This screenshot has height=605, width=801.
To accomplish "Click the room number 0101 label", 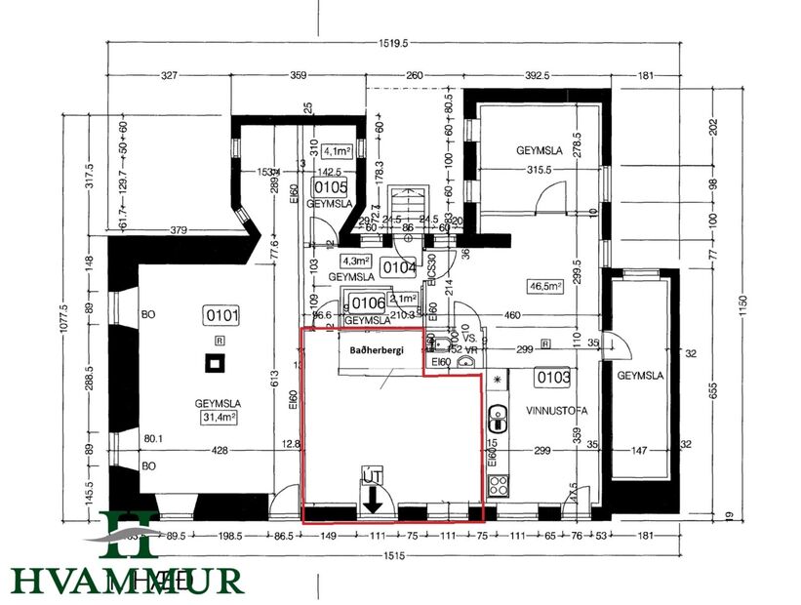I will [x=221, y=315].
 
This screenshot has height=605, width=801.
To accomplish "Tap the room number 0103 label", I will [x=551, y=376].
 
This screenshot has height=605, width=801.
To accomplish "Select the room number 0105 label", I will [x=330, y=187].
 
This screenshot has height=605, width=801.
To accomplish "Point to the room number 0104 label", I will [x=398, y=266].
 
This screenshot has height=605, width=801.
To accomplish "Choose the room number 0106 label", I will [x=369, y=302].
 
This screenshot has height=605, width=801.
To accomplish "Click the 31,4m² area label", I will [x=220, y=418].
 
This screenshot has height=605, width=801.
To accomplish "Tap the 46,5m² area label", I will [x=547, y=287].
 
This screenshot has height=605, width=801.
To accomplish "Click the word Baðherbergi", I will [x=362, y=346].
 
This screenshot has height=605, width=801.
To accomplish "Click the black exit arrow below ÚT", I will [x=373, y=502].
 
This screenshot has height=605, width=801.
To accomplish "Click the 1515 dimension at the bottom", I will [x=396, y=554].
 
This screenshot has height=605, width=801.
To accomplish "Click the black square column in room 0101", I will [x=215, y=364].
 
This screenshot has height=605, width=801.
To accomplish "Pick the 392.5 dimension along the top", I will [x=538, y=75].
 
